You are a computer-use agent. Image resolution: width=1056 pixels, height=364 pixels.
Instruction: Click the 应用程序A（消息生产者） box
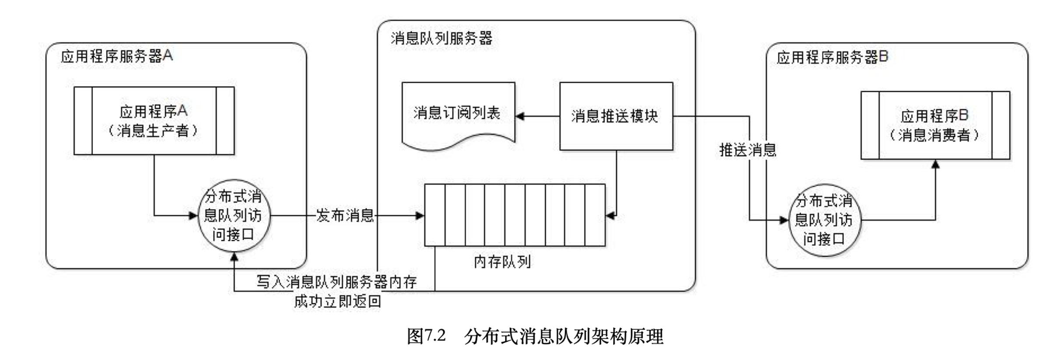[154, 121]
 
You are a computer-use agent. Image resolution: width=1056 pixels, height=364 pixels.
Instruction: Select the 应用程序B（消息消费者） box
[935, 125]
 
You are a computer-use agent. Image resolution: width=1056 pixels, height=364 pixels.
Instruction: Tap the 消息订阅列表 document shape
[458, 114]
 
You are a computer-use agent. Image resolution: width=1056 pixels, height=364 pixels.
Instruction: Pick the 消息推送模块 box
[616, 116]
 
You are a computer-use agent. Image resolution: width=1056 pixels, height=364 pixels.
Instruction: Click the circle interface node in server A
[234, 215]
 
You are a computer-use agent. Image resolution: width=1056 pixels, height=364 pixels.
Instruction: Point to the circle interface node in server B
[824, 220]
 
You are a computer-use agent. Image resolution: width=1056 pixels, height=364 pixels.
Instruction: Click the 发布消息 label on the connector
[345, 215]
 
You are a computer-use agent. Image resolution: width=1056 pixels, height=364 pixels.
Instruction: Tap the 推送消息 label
[747, 150]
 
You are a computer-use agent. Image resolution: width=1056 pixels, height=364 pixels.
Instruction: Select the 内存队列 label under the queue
[502, 262]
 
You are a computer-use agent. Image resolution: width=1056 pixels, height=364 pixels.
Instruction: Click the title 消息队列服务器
[441, 38]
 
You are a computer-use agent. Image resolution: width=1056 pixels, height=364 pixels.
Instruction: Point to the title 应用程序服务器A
[116, 56]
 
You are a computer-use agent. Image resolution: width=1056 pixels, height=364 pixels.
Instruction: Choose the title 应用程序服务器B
[832, 57]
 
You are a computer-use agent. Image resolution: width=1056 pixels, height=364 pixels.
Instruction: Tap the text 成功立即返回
[337, 301]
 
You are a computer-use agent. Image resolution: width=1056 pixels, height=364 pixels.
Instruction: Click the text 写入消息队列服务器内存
[336, 282]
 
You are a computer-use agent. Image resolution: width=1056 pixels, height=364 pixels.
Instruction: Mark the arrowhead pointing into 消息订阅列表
[520, 116]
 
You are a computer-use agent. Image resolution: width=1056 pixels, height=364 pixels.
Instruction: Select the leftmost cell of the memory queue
[435, 215]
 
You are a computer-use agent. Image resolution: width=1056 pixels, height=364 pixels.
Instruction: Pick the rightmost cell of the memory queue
[595, 215]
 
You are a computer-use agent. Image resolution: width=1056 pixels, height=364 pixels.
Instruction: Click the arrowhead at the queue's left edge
[420, 215]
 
